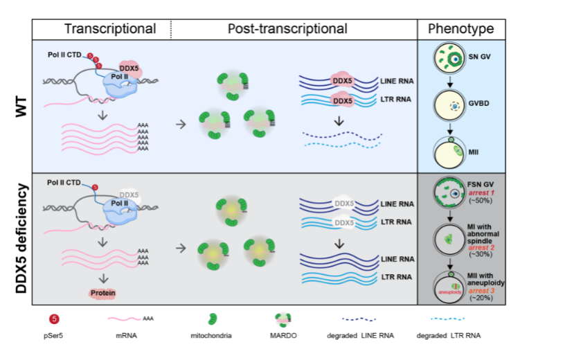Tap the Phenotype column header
tap(460, 29)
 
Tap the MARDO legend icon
tap(285, 319)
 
